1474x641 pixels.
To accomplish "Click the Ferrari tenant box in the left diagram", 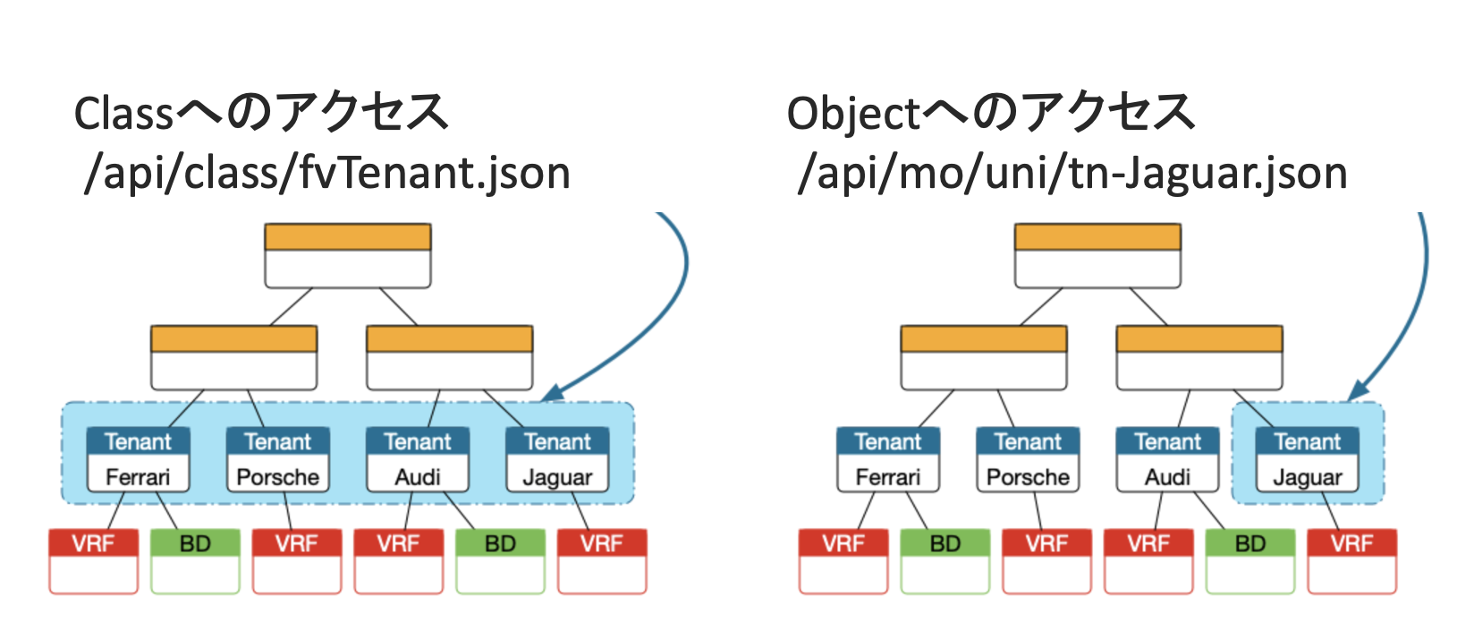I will click(138, 459).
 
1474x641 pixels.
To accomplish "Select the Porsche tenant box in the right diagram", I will click(1028, 459).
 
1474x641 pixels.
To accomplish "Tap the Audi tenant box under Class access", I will click(418, 459).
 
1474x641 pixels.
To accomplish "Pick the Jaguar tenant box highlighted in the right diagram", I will click(1307, 459).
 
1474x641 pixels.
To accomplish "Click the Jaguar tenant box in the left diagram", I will click(557, 459).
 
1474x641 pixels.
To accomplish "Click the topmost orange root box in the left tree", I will click(348, 256).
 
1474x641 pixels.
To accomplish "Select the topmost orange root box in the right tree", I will click(1097, 256).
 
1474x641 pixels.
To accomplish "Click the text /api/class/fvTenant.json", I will click(327, 174).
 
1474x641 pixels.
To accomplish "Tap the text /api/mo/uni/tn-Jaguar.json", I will click(1072, 174).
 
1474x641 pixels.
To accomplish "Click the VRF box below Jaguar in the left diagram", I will click(602, 561).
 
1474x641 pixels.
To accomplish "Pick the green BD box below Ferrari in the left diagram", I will click(195, 561).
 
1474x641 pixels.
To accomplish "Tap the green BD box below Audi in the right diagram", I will click(1250, 561).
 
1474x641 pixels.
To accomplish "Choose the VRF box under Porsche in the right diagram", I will click(1046, 561).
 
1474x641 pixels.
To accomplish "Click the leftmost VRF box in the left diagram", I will click(94, 561).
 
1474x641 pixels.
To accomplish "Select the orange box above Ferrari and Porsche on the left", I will click(234, 357).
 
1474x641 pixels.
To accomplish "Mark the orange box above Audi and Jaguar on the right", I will click(1199, 357).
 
